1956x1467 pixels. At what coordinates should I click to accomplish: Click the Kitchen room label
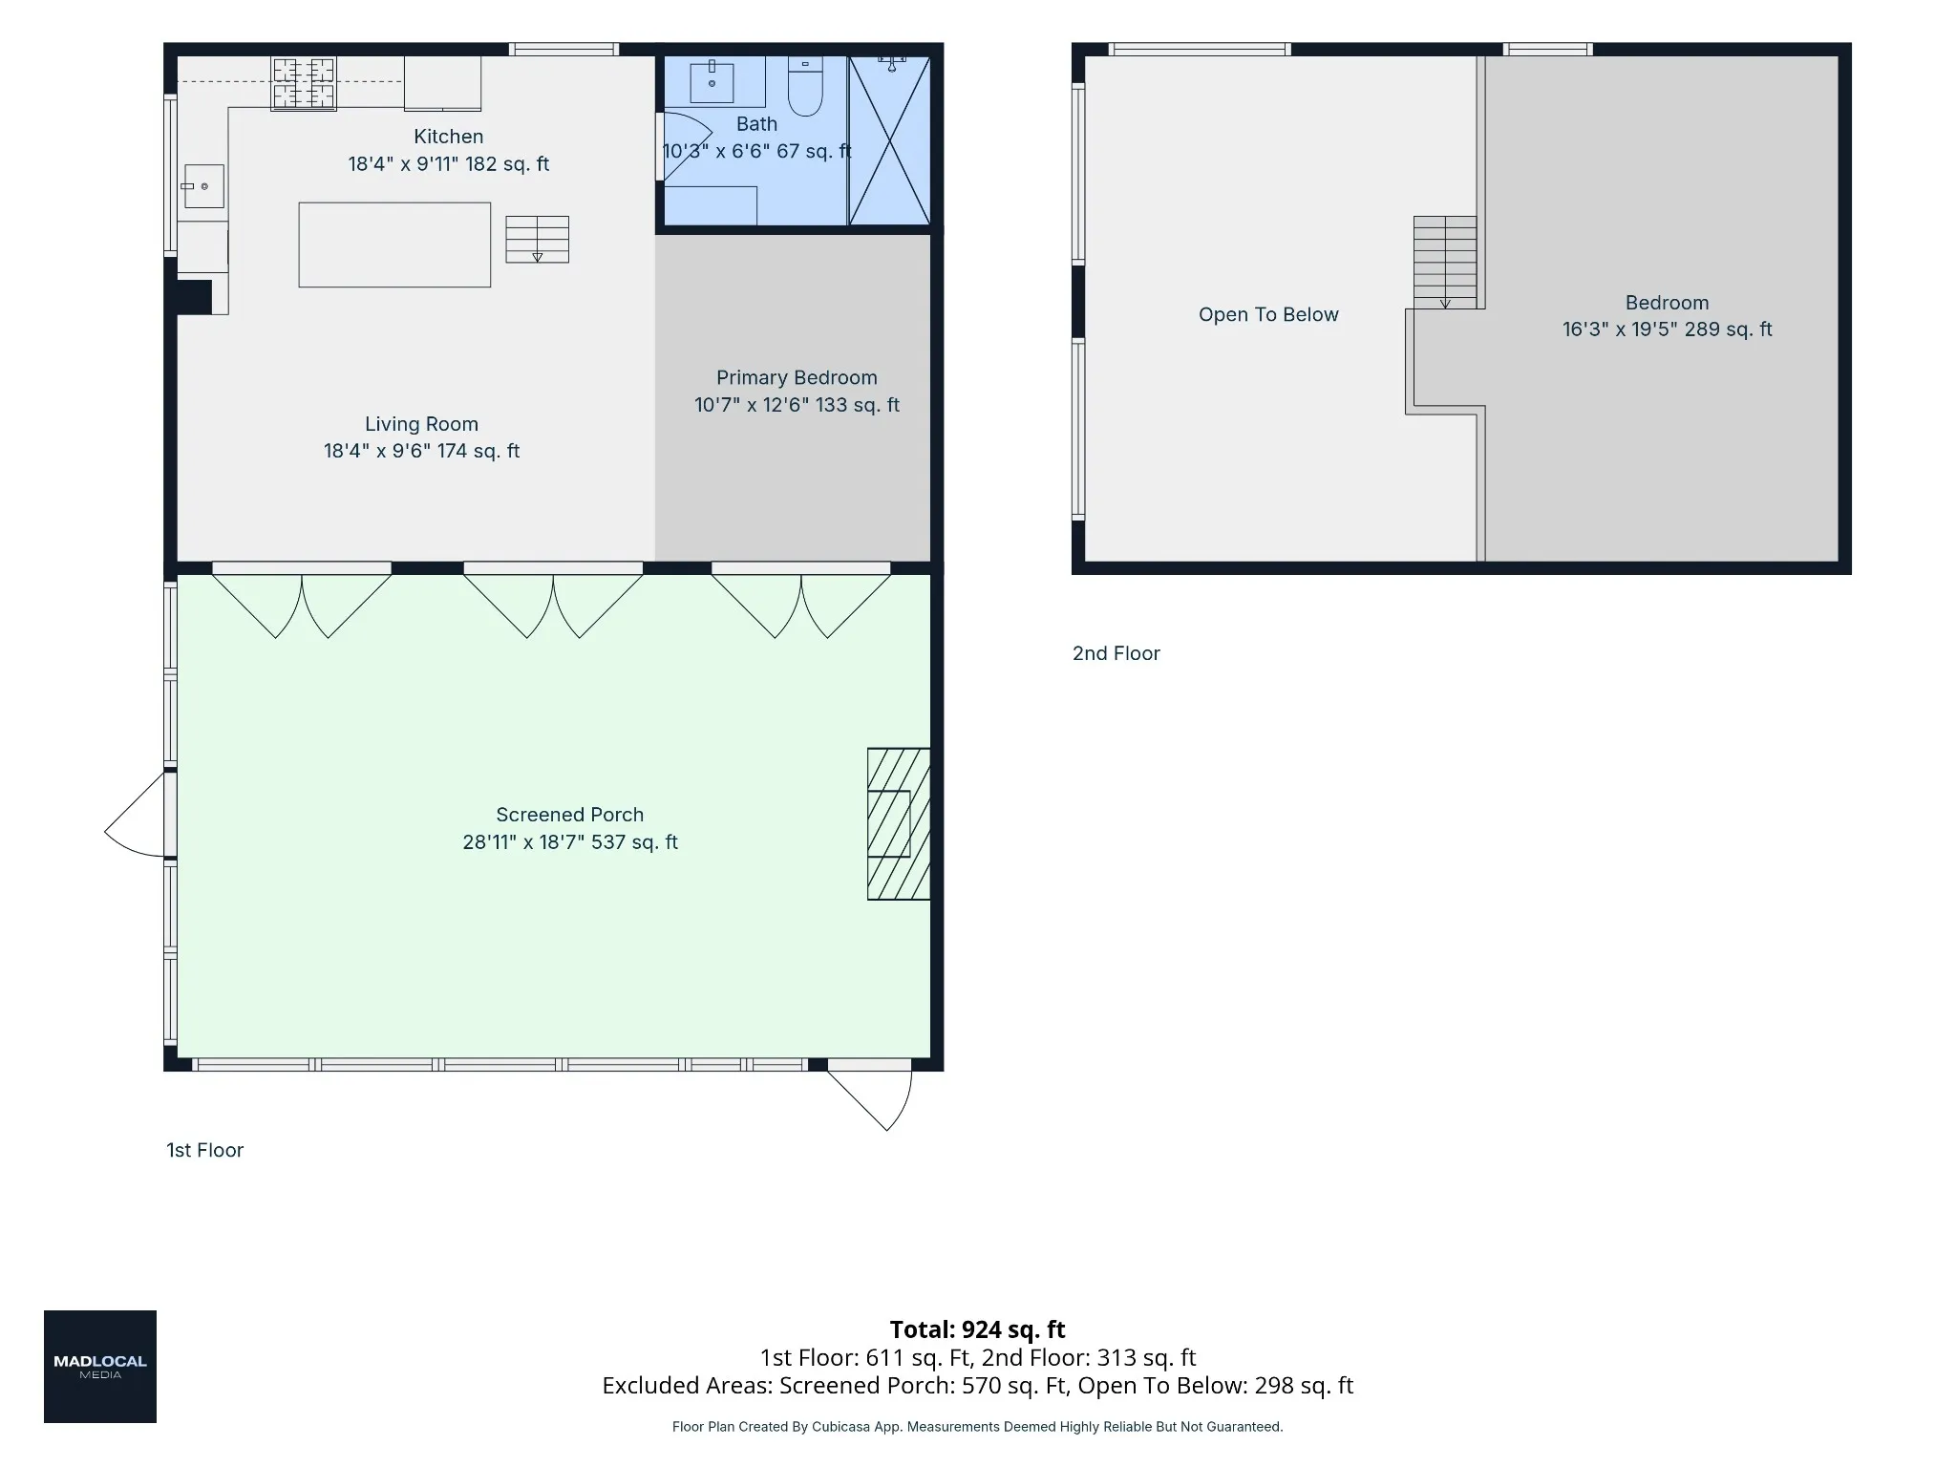pyautogui.click(x=448, y=137)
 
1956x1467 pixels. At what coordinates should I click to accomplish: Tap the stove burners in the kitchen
pyautogui.click(x=304, y=84)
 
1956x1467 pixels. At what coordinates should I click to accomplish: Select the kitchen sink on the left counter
pyautogui.click(x=203, y=186)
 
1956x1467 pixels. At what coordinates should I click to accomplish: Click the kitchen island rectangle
pyautogui.click(x=394, y=244)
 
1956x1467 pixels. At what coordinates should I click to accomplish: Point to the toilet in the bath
pyautogui.click(x=805, y=86)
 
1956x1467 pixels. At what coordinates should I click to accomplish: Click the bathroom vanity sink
pyautogui.click(x=712, y=81)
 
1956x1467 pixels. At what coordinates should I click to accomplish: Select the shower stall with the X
pyautogui.click(x=889, y=140)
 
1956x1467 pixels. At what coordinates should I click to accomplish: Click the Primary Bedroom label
pyautogui.click(x=797, y=377)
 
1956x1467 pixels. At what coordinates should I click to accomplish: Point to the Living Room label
pyautogui.click(x=421, y=424)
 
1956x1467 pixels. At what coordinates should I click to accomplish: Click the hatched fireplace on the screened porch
pyautogui.click(x=899, y=823)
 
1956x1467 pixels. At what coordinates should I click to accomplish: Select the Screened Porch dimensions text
pyautogui.click(x=570, y=842)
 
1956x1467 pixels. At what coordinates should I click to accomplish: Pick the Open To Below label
pyautogui.click(x=1268, y=315)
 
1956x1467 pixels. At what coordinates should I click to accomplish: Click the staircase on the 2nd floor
pyautogui.click(x=1445, y=263)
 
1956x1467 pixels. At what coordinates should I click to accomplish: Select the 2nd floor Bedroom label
pyautogui.click(x=1667, y=303)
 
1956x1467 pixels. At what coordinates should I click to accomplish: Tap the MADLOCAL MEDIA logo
pyautogui.click(x=100, y=1367)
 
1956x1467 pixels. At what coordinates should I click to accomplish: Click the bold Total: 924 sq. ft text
pyautogui.click(x=977, y=1329)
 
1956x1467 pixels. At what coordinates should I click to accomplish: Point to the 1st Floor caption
pyautogui.click(x=204, y=1150)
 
